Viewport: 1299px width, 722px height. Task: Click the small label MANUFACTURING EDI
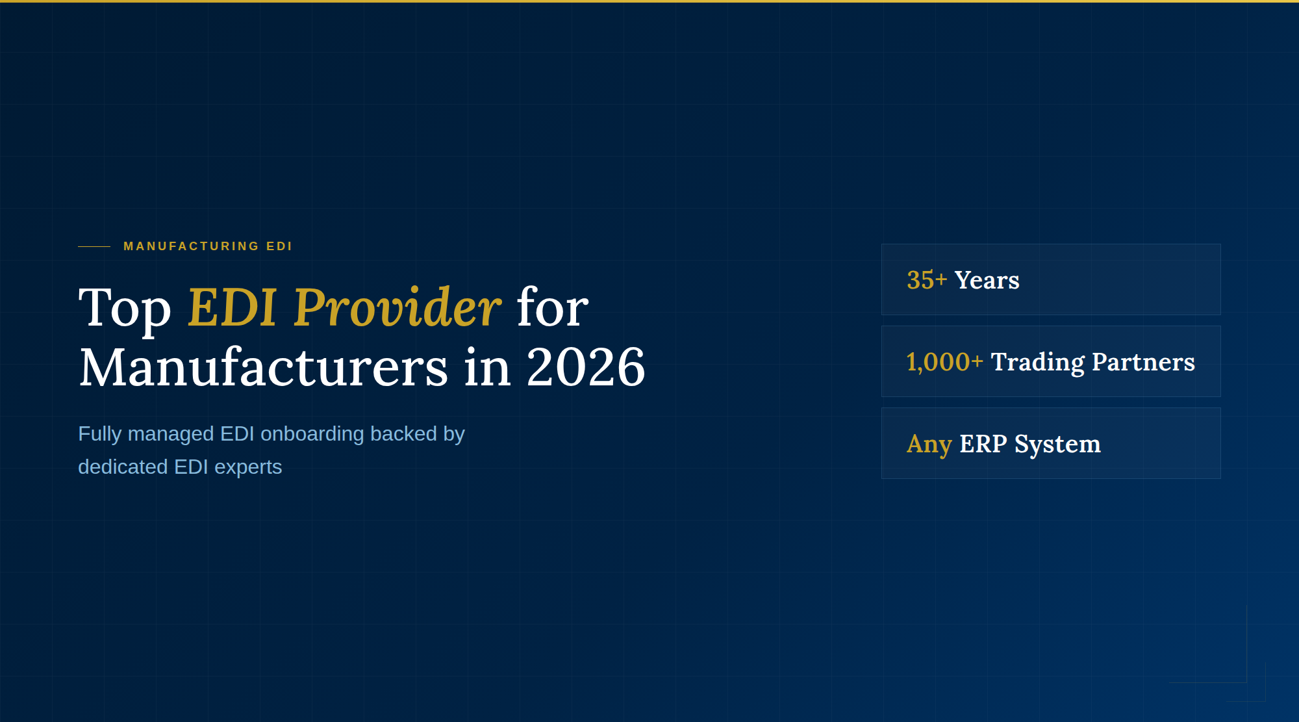pyautogui.click(x=208, y=246)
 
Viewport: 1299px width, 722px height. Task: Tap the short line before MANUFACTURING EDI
pyautogui.click(x=94, y=246)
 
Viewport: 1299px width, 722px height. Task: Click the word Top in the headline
pyautogui.click(x=125, y=308)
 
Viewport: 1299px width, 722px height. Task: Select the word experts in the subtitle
pyautogui.click(x=248, y=467)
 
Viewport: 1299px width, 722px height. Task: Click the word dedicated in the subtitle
pyautogui.click(x=123, y=467)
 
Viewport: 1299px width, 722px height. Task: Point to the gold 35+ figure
pyautogui.click(x=927, y=280)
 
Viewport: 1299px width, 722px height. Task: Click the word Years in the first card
pyautogui.click(x=987, y=280)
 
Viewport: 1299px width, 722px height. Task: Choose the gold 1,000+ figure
pyautogui.click(x=944, y=362)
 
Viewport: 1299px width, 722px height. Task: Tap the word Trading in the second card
pyautogui.click(x=1038, y=362)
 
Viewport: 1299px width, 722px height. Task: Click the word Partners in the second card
pyautogui.click(x=1143, y=362)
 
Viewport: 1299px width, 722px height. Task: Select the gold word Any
pyautogui.click(x=929, y=445)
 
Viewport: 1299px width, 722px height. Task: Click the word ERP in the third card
pyautogui.click(x=983, y=444)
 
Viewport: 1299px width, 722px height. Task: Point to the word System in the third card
pyautogui.click(x=1057, y=445)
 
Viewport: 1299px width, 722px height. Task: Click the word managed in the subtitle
pyautogui.click(x=171, y=433)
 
